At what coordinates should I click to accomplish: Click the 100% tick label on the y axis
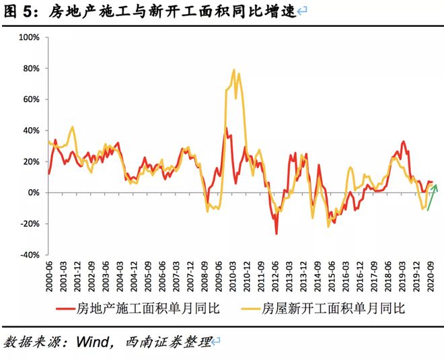(x=29, y=37)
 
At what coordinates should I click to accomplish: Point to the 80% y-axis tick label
(x=31, y=68)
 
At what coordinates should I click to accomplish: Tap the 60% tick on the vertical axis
(x=31, y=99)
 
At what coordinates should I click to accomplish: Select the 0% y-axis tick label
(x=34, y=192)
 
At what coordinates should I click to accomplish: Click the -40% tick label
(x=29, y=255)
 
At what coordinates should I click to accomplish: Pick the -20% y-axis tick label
(x=29, y=224)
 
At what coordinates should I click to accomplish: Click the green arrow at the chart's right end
(x=432, y=196)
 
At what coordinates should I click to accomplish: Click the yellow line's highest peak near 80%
(x=233, y=70)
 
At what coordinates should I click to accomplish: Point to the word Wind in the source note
(x=94, y=343)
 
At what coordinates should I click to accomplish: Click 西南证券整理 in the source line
(x=168, y=343)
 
